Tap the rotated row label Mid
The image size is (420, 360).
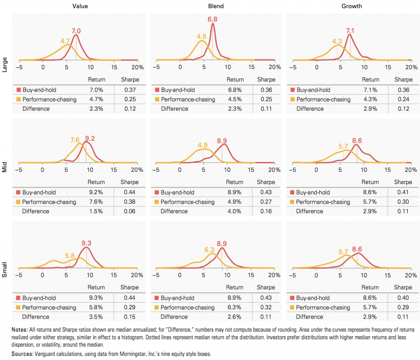pyautogui.click(x=5, y=168)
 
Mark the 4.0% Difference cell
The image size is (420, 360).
pyautogui.click(x=234, y=211)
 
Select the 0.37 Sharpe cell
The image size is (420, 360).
pyautogui.click(x=129, y=90)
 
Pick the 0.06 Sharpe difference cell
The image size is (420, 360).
pyautogui.click(x=129, y=211)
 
